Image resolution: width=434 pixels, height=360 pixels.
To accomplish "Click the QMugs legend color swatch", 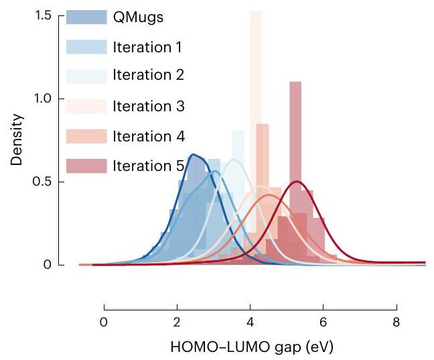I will [x=86, y=17].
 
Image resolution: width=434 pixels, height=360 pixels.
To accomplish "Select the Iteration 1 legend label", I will [x=147, y=47].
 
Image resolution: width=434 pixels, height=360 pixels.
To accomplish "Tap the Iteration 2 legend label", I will [x=147, y=76].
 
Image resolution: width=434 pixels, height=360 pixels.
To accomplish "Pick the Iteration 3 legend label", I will [x=147, y=106].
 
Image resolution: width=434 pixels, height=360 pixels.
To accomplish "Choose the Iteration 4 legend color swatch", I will [x=86, y=136].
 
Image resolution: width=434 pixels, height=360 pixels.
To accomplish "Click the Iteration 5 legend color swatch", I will [x=86, y=166].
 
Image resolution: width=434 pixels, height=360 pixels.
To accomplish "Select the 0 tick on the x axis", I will [x=104, y=321].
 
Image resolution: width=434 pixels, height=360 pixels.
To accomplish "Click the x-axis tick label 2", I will [x=177, y=321].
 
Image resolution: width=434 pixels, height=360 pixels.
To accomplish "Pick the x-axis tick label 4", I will [x=250, y=321].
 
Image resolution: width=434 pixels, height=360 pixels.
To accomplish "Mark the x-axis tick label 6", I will [x=323, y=321].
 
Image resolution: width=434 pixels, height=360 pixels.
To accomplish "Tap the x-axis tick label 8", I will [x=396, y=321].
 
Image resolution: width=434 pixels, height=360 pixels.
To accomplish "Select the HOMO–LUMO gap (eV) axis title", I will [x=249, y=347].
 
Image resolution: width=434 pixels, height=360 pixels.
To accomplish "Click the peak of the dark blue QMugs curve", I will [x=194, y=155].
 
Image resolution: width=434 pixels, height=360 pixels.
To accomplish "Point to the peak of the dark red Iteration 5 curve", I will [x=297, y=182].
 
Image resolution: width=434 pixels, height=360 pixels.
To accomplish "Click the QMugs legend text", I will [x=138, y=17].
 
